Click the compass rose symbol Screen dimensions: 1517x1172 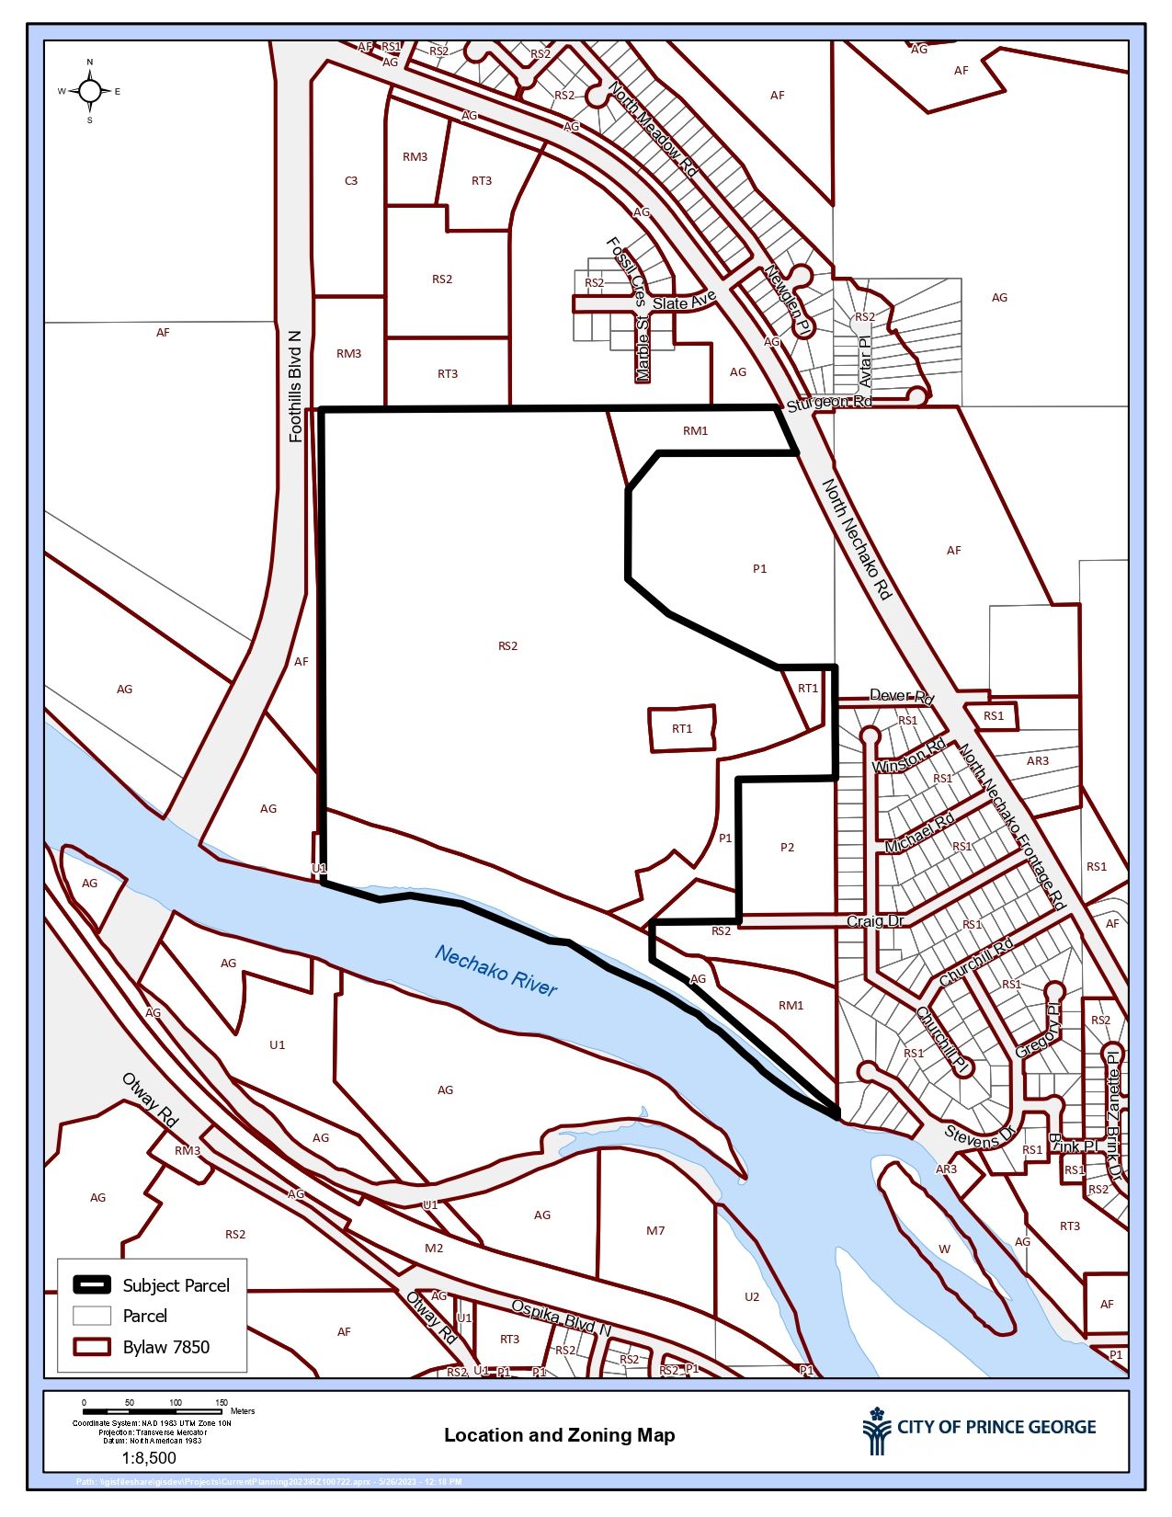90,90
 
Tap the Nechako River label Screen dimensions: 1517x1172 495,970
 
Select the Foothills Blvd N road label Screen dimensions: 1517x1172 295,386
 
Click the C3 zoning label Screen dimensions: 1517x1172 351,181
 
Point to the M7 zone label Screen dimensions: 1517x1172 655,1230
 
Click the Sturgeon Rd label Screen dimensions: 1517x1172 828,403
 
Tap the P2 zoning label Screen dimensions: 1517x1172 787,848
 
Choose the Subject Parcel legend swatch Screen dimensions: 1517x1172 92,1284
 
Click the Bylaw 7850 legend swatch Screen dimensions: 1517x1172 92,1347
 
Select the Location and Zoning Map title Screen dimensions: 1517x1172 559,1435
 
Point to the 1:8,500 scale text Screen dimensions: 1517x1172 149,1458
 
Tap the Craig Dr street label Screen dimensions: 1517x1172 875,921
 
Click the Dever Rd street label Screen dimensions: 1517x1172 901,697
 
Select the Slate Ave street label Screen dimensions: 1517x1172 684,302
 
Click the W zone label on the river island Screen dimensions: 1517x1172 944,1249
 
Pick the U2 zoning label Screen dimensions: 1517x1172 752,1296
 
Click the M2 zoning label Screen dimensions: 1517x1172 434,1248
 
